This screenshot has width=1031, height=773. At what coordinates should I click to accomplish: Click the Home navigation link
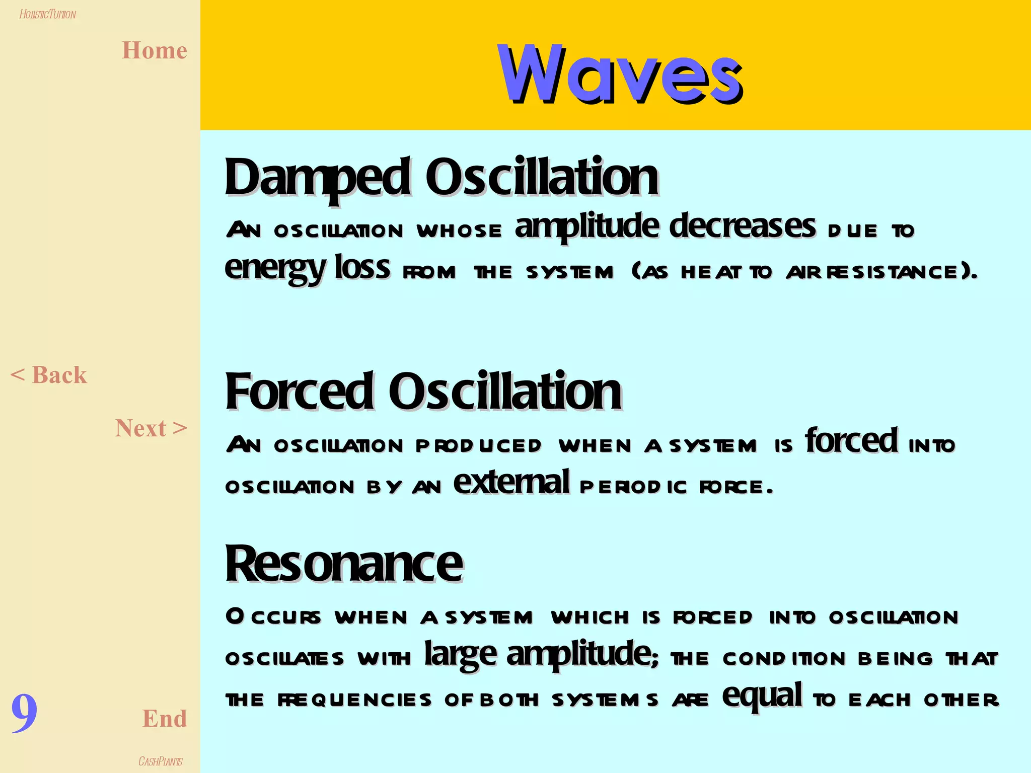click(155, 51)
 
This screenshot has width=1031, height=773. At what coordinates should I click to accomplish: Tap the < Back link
click(49, 375)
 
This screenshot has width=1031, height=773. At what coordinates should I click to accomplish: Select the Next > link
click(151, 428)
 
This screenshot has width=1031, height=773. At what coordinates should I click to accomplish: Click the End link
click(165, 718)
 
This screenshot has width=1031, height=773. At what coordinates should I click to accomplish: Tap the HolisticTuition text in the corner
click(48, 14)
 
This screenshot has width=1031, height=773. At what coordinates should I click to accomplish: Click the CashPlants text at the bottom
click(160, 761)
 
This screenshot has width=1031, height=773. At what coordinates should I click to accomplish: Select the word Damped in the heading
click(318, 177)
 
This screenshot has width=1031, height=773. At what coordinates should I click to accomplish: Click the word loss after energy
click(362, 267)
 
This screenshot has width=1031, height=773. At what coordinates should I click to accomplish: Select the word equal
click(762, 695)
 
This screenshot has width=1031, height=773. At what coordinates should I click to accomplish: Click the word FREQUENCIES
click(354, 700)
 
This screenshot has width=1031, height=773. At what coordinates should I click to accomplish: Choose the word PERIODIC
click(633, 487)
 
